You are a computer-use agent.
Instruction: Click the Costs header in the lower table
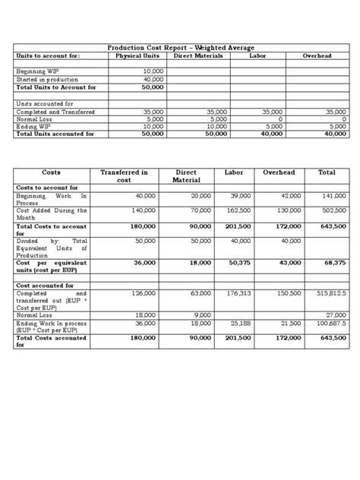[51, 172]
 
